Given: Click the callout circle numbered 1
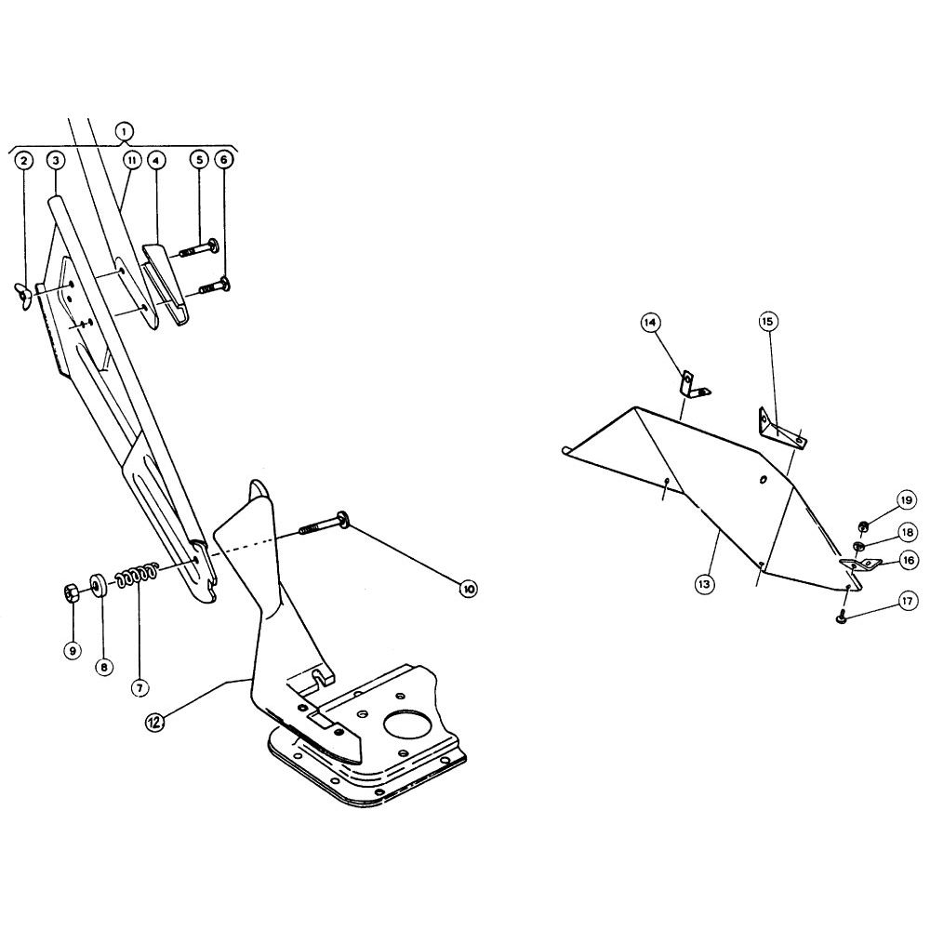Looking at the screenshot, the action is (125, 130).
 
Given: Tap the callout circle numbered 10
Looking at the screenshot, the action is (468, 589).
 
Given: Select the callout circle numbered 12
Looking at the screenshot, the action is (154, 722).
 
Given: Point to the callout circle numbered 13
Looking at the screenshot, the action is (703, 584).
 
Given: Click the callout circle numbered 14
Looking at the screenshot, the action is (650, 323).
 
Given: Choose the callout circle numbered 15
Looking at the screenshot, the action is (767, 322).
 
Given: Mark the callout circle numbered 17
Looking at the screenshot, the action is (908, 602).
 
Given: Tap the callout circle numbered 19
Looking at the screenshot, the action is (906, 500).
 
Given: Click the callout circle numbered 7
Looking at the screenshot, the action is (139, 688).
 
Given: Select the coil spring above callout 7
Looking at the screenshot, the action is (137, 574).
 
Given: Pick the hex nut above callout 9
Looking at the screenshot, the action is (72, 592).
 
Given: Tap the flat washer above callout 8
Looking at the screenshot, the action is (98, 584).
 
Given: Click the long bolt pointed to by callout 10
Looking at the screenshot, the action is (324, 522).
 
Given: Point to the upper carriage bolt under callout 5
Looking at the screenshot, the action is (199, 247).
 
